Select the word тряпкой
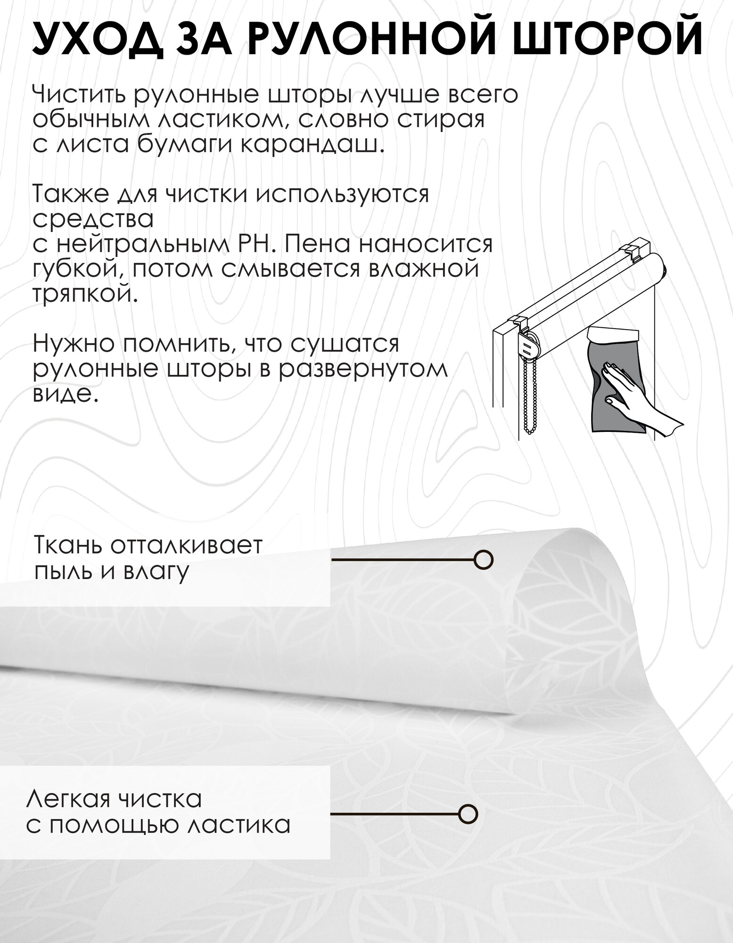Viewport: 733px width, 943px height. point(85,296)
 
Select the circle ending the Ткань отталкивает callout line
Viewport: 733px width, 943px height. point(483,560)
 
